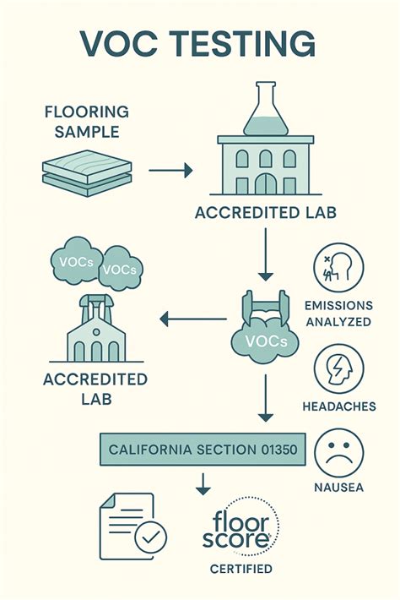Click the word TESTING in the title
(x=246, y=43)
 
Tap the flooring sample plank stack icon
(x=87, y=173)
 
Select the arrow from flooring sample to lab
(x=170, y=170)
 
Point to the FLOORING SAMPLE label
(x=87, y=122)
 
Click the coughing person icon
(x=338, y=268)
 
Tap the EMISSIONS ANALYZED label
(x=338, y=314)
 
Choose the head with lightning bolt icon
(x=339, y=369)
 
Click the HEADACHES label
(x=339, y=406)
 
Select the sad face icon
(x=339, y=453)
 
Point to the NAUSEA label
(x=338, y=487)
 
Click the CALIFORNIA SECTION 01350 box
(x=203, y=450)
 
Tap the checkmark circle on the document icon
(x=151, y=537)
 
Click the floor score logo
(x=240, y=526)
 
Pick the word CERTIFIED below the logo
(x=241, y=569)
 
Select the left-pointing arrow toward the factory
(x=193, y=319)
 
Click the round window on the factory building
(x=96, y=331)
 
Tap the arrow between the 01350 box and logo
(x=203, y=483)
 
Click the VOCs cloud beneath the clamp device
(x=265, y=341)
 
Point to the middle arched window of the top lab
(x=266, y=158)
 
